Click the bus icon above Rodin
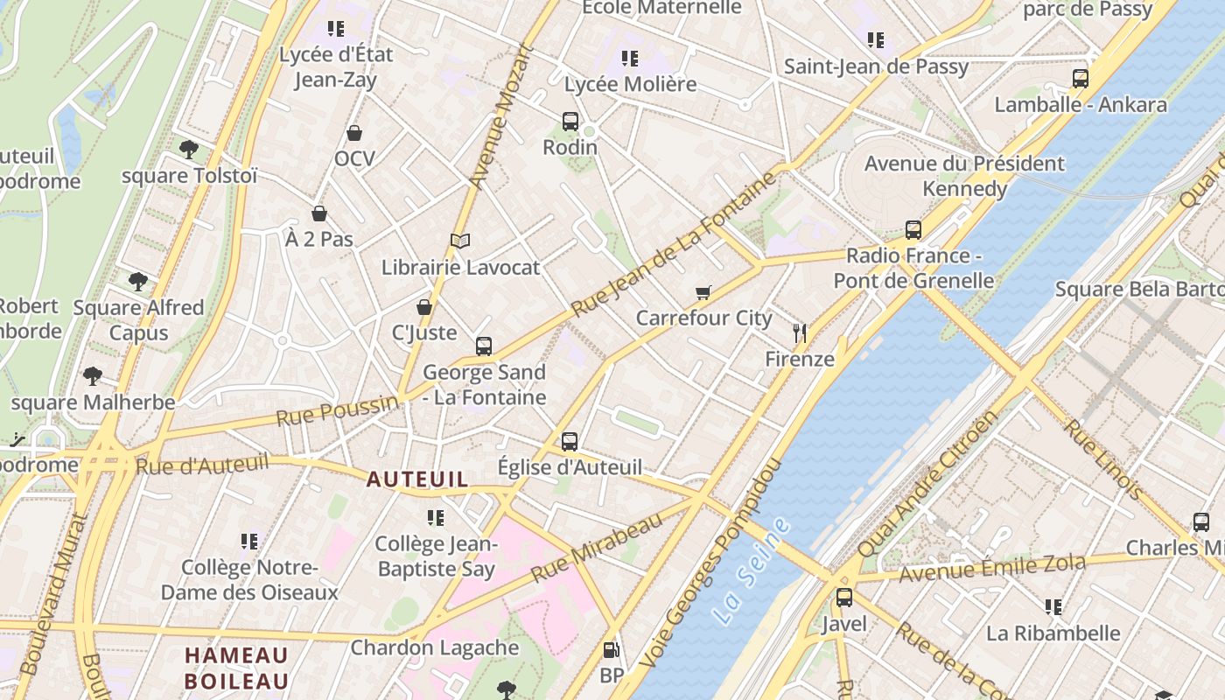(x=570, y=122)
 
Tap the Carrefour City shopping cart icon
(x=703, y=292)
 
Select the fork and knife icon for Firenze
(x=799, y=332)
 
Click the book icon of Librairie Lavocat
(x=460, y=241)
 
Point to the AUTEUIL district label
(x=417, y=479)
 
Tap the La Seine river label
(x=751, y=570)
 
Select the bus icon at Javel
(x=844, y=598)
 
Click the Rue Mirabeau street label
(x=597, y=548)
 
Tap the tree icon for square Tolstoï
(x=189, y=150)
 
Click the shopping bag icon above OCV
(x=354, y=133)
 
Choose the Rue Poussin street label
(x=337, y=410)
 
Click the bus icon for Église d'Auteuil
(x=570, y=441)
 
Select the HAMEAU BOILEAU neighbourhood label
(x=236, y=668)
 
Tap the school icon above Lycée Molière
(x=630, y=59)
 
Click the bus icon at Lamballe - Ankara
(x=1081, y=79)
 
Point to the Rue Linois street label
(x=1102, y=459)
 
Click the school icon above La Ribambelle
(x=1053, y=606)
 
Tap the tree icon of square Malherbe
(x=93, y=377)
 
